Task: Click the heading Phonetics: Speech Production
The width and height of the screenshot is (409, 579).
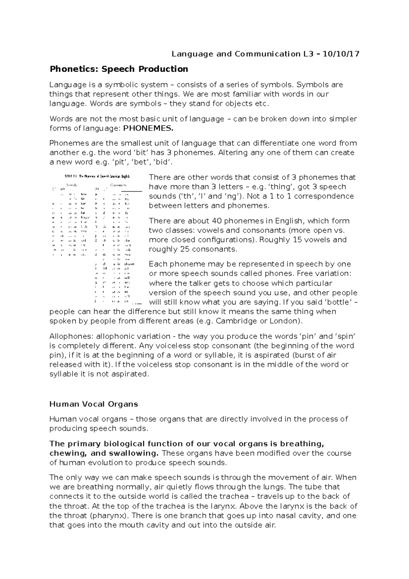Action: [x=119, y=69]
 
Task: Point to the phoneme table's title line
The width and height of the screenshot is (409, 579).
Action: [x=97, y=177]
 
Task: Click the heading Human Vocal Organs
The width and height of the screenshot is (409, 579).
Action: [x=94, y=404]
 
